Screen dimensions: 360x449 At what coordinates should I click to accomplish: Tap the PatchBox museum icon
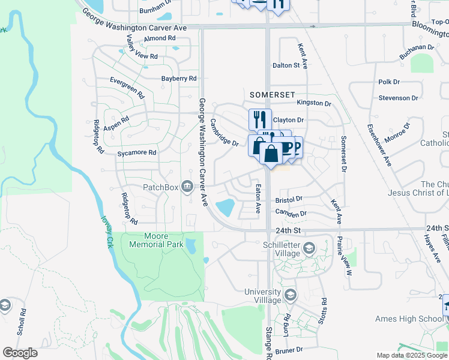187,187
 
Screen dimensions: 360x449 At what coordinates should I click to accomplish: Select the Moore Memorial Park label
156,240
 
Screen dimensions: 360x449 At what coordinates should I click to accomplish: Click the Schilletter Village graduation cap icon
309,248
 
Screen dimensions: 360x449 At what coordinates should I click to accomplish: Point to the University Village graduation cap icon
291,295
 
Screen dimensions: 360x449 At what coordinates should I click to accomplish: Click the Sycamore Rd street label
137,153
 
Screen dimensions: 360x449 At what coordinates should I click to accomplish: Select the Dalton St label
286,65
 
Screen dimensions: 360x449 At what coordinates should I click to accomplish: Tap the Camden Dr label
291,213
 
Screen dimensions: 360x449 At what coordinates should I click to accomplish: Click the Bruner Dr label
289,349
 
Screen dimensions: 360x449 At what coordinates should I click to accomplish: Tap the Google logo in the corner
20,353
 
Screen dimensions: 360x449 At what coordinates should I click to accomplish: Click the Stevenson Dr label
398,98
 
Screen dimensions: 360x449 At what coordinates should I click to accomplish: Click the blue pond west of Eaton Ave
224,208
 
